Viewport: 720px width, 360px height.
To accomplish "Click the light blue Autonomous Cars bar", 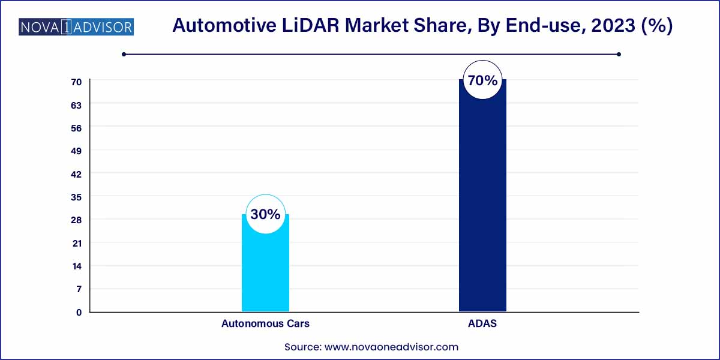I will point(265,270).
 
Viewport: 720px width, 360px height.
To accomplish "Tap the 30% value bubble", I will point(265,214).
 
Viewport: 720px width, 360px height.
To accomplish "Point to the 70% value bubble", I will point(482,80).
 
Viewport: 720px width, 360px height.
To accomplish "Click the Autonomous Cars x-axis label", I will point(265,323).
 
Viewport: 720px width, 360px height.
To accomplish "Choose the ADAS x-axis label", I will point(482,323).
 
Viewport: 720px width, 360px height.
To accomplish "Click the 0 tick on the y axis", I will point(78,312).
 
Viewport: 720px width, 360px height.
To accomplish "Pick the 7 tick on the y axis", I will point(78,289).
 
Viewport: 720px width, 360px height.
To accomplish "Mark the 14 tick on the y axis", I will point(78,266).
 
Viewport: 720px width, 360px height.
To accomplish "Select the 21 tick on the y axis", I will point(78,243).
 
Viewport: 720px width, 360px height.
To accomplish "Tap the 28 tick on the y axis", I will point(78,220).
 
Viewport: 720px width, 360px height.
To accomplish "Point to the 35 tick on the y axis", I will point(78,197).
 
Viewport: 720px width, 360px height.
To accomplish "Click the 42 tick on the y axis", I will point(78,174).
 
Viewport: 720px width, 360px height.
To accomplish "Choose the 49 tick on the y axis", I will point(78,151).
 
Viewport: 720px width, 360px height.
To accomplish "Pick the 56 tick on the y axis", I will point(78,128).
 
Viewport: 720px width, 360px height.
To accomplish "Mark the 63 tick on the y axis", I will point(78,104).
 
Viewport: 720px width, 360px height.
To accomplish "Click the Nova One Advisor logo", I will point(76,26).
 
